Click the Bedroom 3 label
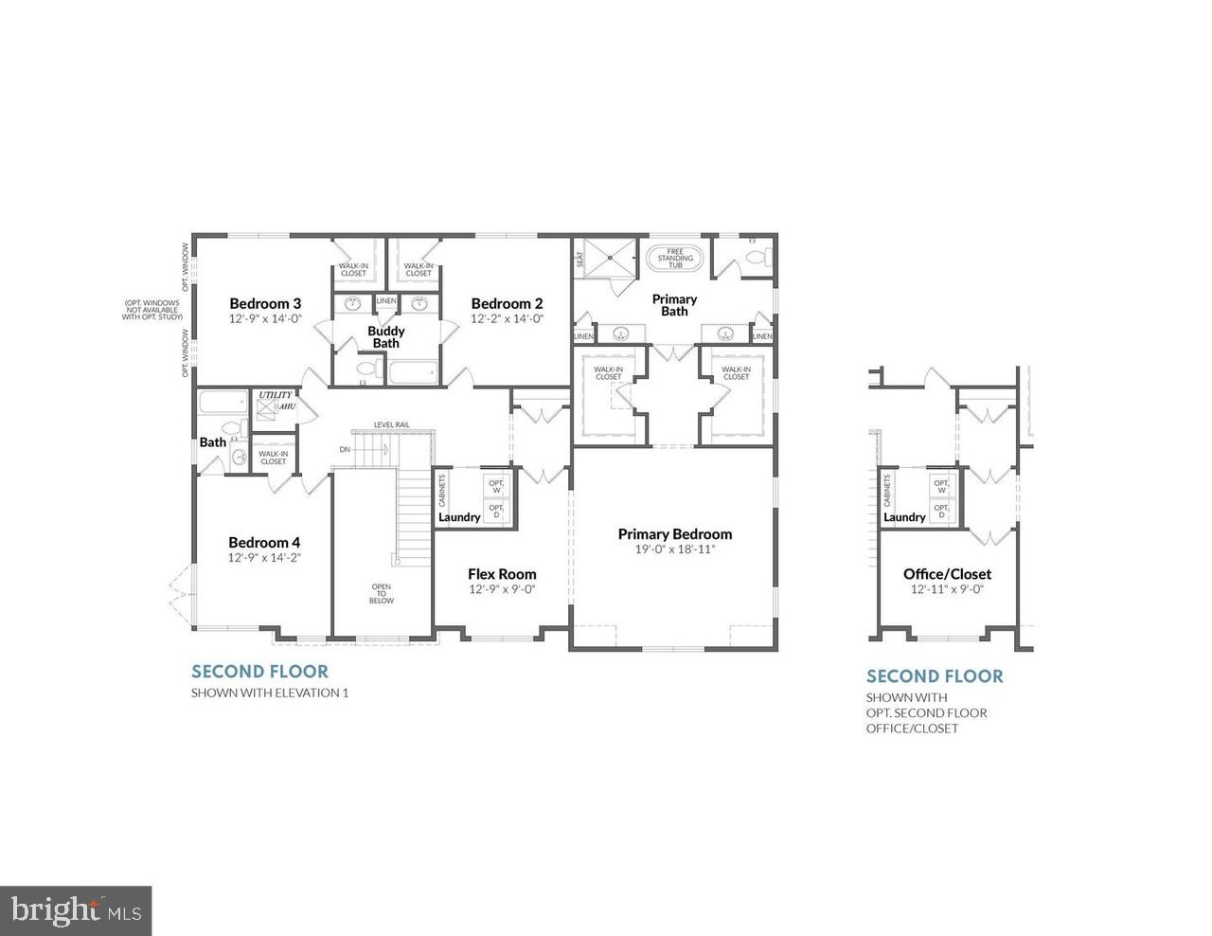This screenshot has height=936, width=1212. click(265, 303)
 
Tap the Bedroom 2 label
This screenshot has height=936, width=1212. click(508, 303)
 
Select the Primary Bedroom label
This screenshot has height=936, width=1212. click(674, 534)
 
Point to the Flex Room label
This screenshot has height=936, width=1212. click(502, 574)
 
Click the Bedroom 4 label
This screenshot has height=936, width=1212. click(264, 542)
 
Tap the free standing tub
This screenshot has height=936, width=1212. click(674, 259)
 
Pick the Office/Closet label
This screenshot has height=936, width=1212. click(947, 574)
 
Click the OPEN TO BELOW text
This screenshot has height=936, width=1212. click(381, 594)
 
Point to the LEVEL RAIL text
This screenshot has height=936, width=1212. click(391, 424)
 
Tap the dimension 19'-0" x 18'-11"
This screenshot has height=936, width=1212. click(674, 549)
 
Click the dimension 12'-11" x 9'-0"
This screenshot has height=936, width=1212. click(947, 589)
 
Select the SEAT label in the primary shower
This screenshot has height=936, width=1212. click(579, 258)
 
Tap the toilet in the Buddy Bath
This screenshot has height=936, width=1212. click(365, 371)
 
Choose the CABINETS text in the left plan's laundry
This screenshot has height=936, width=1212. click(442, 490)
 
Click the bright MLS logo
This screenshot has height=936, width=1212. click(76, 910)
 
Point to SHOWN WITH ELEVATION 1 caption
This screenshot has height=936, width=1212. click(270, 693)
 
